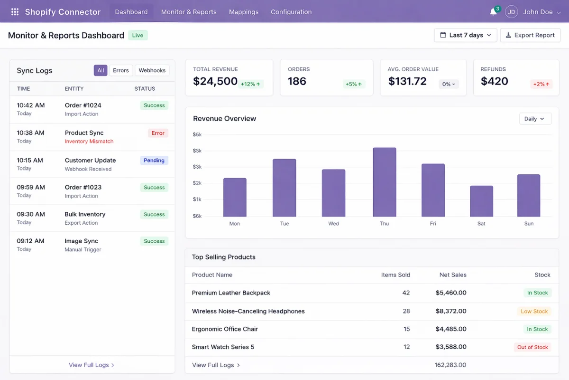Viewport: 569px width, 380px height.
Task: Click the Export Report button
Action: coord(530,35)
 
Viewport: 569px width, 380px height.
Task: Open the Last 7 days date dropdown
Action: coord(465,35)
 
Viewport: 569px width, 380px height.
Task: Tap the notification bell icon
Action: coord(493,12)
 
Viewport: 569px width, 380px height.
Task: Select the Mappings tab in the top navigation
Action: coord(244,12)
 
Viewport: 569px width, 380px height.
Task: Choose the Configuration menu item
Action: coord(291,12)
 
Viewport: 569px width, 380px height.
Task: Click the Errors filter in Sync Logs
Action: coord(121,70)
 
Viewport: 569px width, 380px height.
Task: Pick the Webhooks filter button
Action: coord(152,70)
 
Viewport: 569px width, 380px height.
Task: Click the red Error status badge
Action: coord(158,133)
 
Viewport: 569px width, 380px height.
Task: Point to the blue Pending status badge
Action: coord(154,161)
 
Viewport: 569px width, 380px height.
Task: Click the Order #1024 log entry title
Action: coord(83,105)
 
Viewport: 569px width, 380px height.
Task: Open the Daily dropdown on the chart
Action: coord(535,119)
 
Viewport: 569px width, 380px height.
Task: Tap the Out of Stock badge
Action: coord(532,347)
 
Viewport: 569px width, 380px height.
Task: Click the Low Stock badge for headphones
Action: coord(534,312)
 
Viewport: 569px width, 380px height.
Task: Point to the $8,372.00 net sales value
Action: coord(451,311)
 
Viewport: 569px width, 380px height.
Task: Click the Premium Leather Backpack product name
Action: coord(231,293)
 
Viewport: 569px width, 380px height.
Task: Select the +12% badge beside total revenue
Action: coord(250,84)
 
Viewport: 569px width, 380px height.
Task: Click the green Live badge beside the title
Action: coord(138,35)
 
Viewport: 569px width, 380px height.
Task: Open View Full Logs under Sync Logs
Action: coord(92,365)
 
